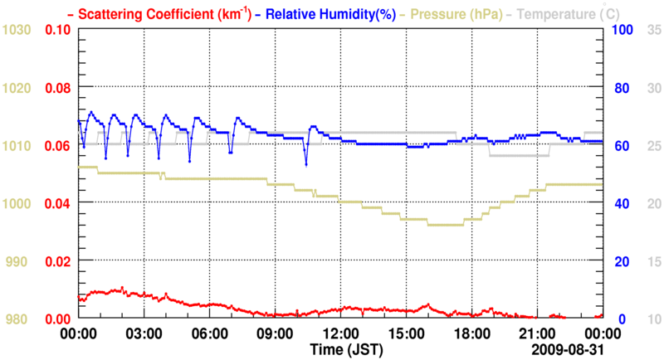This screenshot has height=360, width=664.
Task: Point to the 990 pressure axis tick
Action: (x=20, y=262)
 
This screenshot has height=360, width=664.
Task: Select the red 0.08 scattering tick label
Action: (x=57, y=88)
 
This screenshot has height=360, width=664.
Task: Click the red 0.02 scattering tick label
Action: (x=57, y=262)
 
